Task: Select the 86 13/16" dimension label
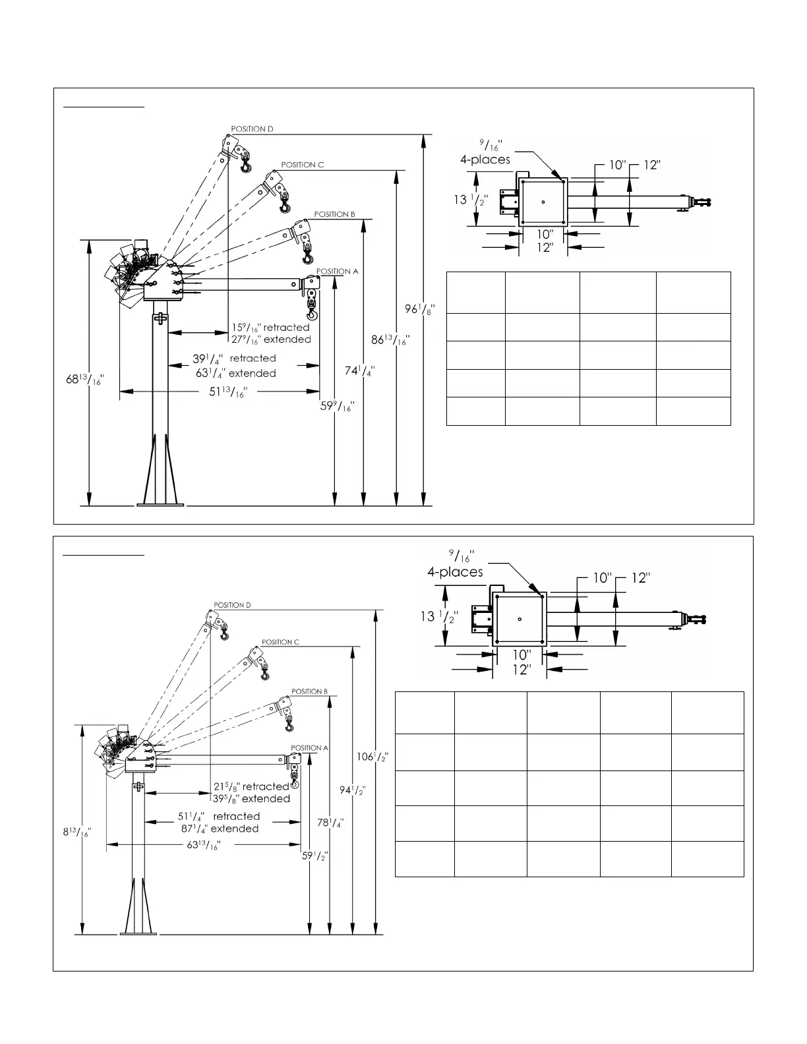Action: (x=390, y=340)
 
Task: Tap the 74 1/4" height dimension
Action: (x=361, y=370)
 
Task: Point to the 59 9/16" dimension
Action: (x=338, y=406)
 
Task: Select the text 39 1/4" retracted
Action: (x=234, y=359)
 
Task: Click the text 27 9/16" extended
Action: (x=271, y=339)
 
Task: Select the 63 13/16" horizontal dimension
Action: (x=204, y=844)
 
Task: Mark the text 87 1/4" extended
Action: (x=220, y=828)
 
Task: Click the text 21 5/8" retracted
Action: (x=251, y=786)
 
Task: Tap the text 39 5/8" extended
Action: (x=251, y=799)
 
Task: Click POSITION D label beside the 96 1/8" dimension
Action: (x=252, y=129)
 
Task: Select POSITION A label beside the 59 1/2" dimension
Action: (x=309, y=748)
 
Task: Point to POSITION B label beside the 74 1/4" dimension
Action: (x=334, y=214)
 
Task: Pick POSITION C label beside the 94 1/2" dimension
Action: (x=280, y=642)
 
